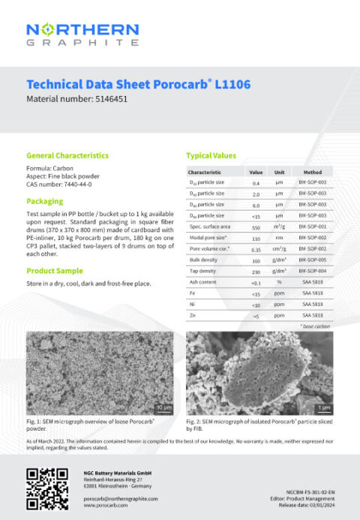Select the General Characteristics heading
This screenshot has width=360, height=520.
[67, 155]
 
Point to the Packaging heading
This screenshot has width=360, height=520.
[44, 201]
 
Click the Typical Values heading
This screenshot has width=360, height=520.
[211, 155]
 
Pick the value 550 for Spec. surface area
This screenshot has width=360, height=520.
[256, 226]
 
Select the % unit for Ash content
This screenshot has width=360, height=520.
[279, 281]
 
